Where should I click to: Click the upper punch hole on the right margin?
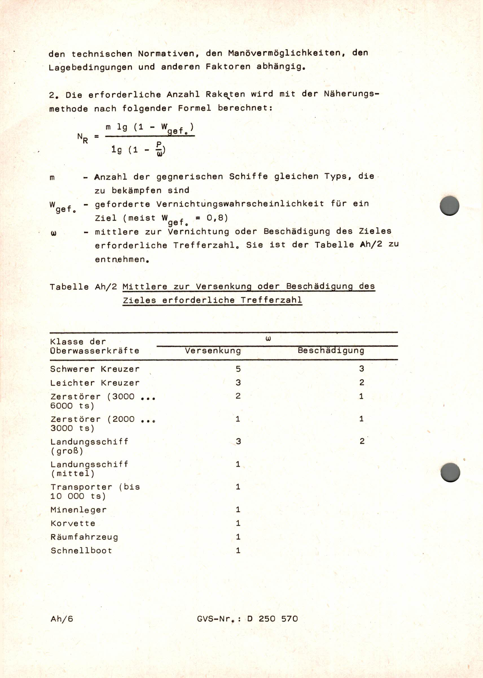[449, 206]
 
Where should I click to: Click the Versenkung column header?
[213, 351]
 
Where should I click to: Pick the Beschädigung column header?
[331, 350]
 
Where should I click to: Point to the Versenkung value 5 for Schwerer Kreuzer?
[238, 369]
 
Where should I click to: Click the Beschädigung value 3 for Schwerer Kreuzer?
[361, 369]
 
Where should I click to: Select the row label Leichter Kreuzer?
[95, 383]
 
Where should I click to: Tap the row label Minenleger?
[78, 509]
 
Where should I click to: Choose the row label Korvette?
[73, 523]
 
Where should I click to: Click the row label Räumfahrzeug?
[84, 537]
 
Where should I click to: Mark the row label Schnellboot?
[81, 550]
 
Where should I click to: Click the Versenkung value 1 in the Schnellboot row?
[238, 550]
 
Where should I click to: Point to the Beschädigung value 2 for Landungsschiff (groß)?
[362, 441]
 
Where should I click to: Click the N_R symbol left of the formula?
[82, 138]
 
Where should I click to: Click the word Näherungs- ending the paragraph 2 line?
[352, 94]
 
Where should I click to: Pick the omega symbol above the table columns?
[268, 338]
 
